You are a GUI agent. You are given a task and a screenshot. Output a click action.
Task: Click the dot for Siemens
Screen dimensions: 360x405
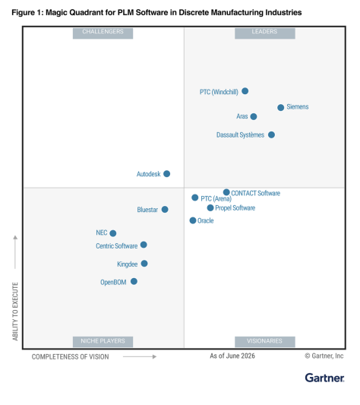pyautogui.click(x=281, y=107)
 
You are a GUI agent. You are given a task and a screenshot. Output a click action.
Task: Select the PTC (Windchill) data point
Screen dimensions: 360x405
pyautogui.click(x=245, y=91)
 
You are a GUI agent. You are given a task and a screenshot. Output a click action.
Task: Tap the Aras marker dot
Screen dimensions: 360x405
pyautogui.click(x=254, y=116)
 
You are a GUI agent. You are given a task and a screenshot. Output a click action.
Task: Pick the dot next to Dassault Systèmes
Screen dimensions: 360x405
pyautogui.click(x=271, y=134)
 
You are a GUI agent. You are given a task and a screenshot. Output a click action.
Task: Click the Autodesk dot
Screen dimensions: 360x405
pyautogui.click(x=167, y=173)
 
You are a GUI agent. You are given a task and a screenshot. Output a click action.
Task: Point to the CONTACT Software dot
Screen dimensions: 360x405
pyautogui.click(x=226, y=192)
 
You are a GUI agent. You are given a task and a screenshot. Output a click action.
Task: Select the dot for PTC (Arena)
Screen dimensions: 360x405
pyautogui.click(x=195, y=198)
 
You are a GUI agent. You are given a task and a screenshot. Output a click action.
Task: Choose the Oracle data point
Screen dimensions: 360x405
pyautogui.click(x=193, y=220)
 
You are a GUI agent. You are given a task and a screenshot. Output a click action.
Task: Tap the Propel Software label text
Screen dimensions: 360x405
pyautogui.click(x=235, y=208)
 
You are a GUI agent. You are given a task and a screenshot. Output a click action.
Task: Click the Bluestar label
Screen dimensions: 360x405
pyautogui.click(x=147, y=210)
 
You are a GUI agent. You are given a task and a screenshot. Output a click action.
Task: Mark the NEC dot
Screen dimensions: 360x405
pyautogui.click(x=113, y=233)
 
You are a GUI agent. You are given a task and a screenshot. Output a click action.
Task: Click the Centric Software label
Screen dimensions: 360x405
pyautogui.click(x=117, y=246)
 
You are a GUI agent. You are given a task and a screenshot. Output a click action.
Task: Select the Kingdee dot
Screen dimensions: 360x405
pyautogui.click(x=144, y=264)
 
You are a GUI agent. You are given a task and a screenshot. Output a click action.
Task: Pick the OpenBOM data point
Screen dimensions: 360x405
pyautogui.click(x=134, y=281)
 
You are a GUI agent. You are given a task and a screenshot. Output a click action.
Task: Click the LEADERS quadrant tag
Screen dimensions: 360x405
pyautogui.click(x=265, y=33)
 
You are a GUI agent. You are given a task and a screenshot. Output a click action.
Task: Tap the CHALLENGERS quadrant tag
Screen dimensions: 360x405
pyautogui.click(x=103, y=33)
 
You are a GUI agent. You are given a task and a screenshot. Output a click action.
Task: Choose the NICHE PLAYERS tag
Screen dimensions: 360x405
pyautogui.click(x=103, y=342)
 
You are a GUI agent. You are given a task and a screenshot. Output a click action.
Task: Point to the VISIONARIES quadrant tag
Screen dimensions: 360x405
pyautogui.click(x=265, y=342)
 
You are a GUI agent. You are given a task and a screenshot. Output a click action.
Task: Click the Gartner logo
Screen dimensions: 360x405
pyautogui.click(x=324, y=378)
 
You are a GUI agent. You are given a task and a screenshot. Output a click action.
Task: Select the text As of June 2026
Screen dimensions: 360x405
pyautogui.click(x=232, y=356)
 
